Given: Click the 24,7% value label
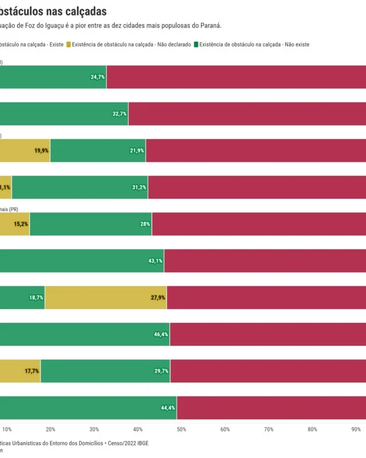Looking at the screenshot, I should click(x=98, y=77).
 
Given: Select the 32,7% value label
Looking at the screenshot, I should click(x=120, y=114).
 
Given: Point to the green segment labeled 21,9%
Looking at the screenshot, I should click(x=98, y=151).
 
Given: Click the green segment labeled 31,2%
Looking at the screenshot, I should click(x=79, y=187).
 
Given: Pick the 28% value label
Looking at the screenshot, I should click(x=145, y=224).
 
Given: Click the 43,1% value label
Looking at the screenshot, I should click(x=155, y=260).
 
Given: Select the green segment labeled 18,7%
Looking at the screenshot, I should click(x=22, y=297).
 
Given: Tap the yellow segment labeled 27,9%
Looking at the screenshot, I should click(x=106, y=297).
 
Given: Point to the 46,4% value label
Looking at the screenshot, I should click(x=161, y=334).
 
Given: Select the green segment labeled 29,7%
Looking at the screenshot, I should click(x=105, y=370).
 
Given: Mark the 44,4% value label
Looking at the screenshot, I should click(x=168, y=408).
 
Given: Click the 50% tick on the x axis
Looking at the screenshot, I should click(x=181, y=429).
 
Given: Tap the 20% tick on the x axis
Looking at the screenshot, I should click(x=50, y=429).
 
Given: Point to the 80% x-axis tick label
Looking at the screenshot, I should click(x=312, y=429).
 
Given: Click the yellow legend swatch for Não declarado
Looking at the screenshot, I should click(x=69, y=44).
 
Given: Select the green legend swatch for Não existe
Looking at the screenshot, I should click(x=196, y=44).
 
